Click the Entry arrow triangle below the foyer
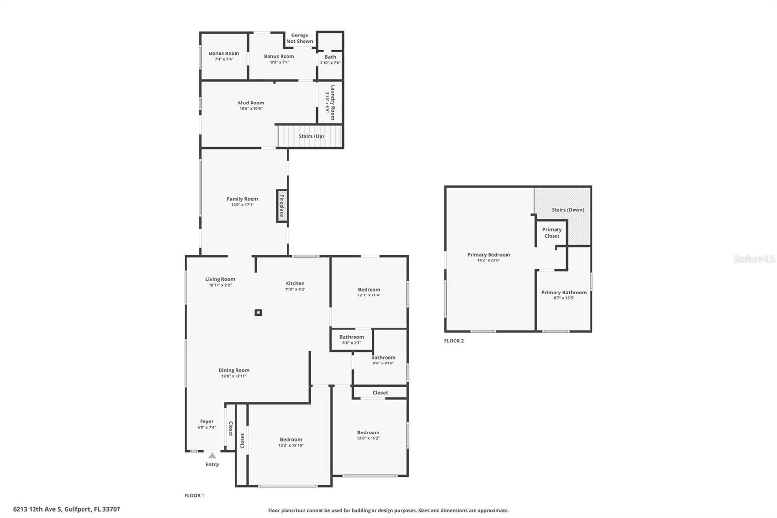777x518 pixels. pos(212,456)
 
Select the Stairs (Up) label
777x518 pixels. pos(311,136)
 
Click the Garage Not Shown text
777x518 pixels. pos(300,38)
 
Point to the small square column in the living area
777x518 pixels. pos(258,312)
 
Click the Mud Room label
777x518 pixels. pos(251,103)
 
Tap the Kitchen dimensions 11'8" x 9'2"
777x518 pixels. pos(295,289)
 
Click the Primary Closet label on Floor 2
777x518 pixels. pos(552,233)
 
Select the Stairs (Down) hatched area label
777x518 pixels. pos(568,210)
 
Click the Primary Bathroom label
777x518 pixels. pos(564,293)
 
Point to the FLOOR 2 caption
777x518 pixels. pos(454,341)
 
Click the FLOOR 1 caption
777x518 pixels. pos(194,495)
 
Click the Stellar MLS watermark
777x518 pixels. pos(754,259)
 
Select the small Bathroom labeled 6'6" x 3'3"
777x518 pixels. pos(352,339)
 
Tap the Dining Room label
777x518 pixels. pos(234,370)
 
